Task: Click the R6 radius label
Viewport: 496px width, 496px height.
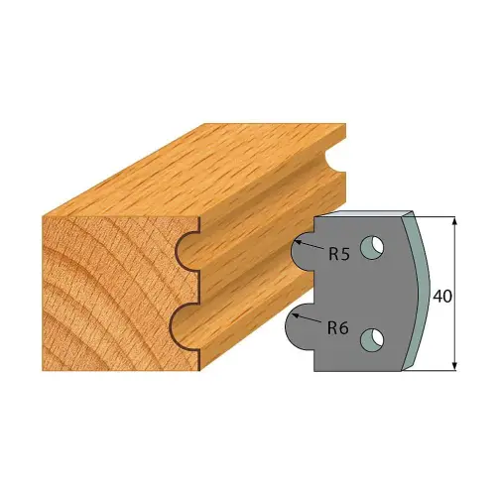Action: (338, 323)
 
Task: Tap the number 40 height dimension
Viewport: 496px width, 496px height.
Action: (444, 295)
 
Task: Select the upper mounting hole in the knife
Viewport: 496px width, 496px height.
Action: (371, 245)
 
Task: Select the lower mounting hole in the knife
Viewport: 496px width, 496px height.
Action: (371, 340)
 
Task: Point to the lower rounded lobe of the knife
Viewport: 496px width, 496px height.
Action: (301, 324)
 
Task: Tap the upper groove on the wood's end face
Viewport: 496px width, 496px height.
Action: (184, 252)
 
